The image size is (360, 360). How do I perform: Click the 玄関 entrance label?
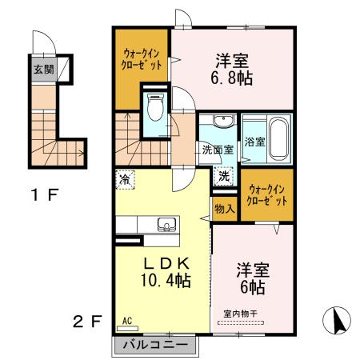pyautogui.click(x=43, y=69)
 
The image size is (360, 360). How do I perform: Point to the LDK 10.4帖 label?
pyautogui.click(x=166, y=271)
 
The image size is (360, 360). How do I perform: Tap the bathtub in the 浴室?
pyautogui.click(x=278, y=138)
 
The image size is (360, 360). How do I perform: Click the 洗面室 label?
pyautogui.click(x=216, y=150)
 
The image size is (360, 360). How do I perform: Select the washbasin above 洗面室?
pyautogui.click(x=220, y=122)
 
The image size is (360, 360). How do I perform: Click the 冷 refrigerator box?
pyautogui.click(x=124, y=180)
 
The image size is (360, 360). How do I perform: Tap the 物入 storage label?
pyautogui.click(x=224, y=210)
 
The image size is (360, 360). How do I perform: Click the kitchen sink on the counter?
pyautogui.click(x=166, y=224)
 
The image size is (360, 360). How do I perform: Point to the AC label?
pyautogui.click(x=126, y=322)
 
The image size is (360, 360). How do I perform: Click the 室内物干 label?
pyautogui.click(x=252, y=317)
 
